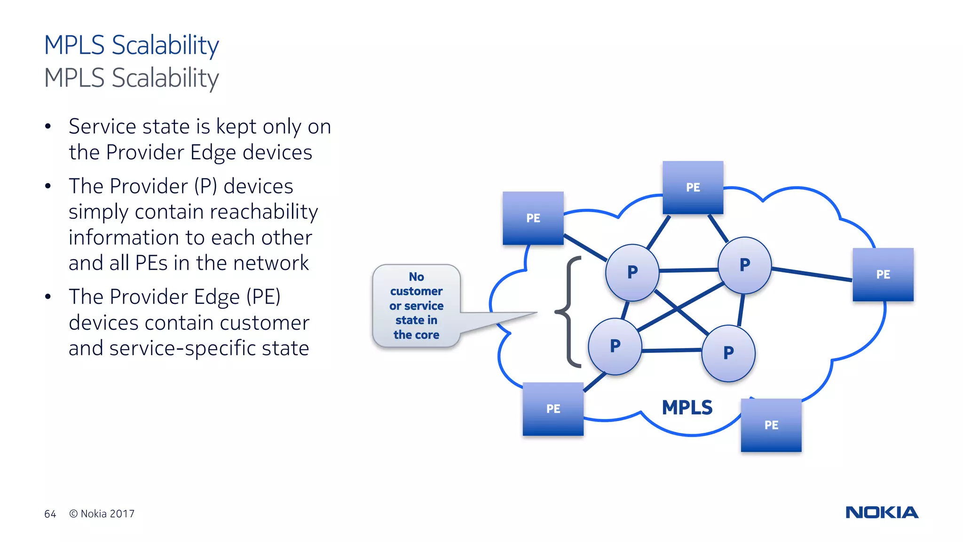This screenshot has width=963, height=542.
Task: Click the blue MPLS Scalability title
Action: coord(131,45)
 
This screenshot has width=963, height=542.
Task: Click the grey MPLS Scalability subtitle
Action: coord(131,78)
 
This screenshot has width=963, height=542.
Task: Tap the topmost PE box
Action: coord(693,187)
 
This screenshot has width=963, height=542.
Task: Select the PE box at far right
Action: coord(883,274)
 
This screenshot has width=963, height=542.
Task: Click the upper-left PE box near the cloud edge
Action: coord(533,218)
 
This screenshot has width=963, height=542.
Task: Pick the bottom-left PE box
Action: coord(553,408)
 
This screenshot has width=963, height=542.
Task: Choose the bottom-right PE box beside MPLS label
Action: coord(771,425)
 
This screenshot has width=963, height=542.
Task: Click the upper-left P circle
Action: coord(632,272)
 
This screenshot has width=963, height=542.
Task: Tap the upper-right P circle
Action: coord(744,265)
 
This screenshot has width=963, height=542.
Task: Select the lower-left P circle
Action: coord(615,346)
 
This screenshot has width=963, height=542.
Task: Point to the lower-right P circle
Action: coord(728,353)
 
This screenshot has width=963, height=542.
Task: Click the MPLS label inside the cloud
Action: coord(687,407)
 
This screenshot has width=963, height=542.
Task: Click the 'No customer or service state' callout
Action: coord(416,306)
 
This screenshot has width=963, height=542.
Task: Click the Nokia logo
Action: coord(882,512)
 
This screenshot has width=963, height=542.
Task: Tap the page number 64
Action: coord(50,514)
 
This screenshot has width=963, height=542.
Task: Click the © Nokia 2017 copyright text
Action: coord(102,514)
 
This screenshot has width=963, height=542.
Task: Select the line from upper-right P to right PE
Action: coord(812,274)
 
